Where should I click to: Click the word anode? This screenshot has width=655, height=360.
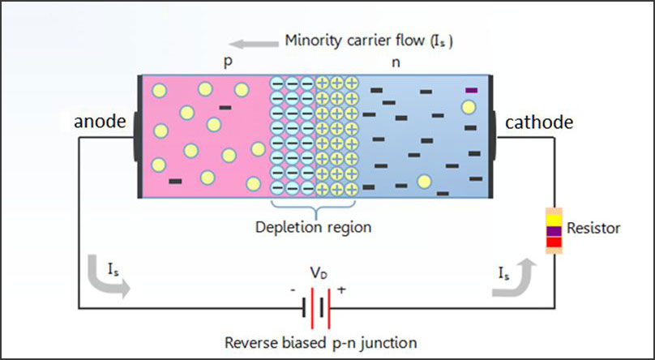click(100, 122)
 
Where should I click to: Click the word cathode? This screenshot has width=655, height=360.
click(539, 122)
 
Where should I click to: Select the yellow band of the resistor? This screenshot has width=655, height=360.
click(554, 219)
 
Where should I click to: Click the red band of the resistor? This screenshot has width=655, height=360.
click(554, 242)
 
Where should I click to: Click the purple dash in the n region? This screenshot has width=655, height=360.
click(470, 89)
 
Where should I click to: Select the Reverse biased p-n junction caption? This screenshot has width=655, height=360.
click(322, 341)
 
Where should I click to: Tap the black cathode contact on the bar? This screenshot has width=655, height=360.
click(493, 137)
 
